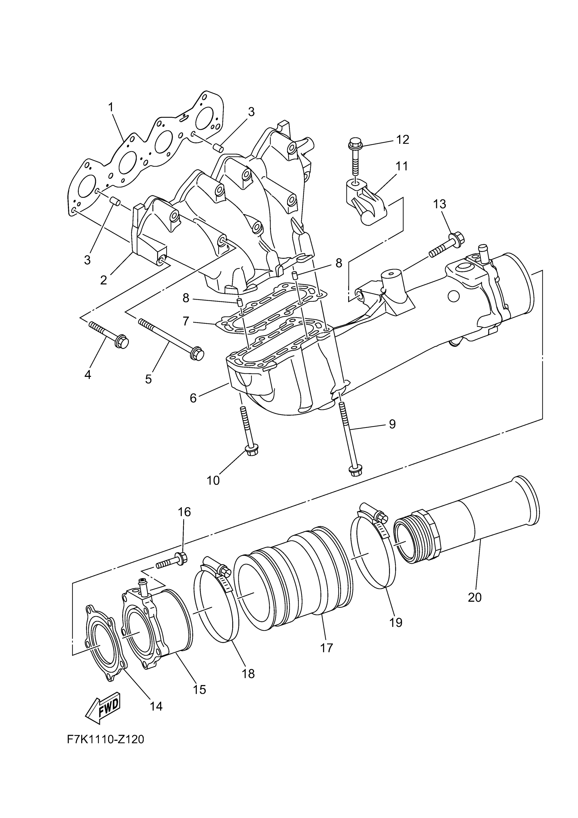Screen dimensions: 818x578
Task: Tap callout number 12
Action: click(x=403, y=140)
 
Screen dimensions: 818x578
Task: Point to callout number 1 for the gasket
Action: click(x=111, y=106)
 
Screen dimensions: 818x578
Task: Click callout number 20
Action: click(x=475, y=597)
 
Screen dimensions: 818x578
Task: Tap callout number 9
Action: click(x=392, y=424)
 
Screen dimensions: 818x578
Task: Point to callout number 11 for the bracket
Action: click(x=402, y=166)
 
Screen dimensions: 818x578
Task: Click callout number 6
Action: click(x=193, y=398)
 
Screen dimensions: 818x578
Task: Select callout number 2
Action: click(x=103, y=280)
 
